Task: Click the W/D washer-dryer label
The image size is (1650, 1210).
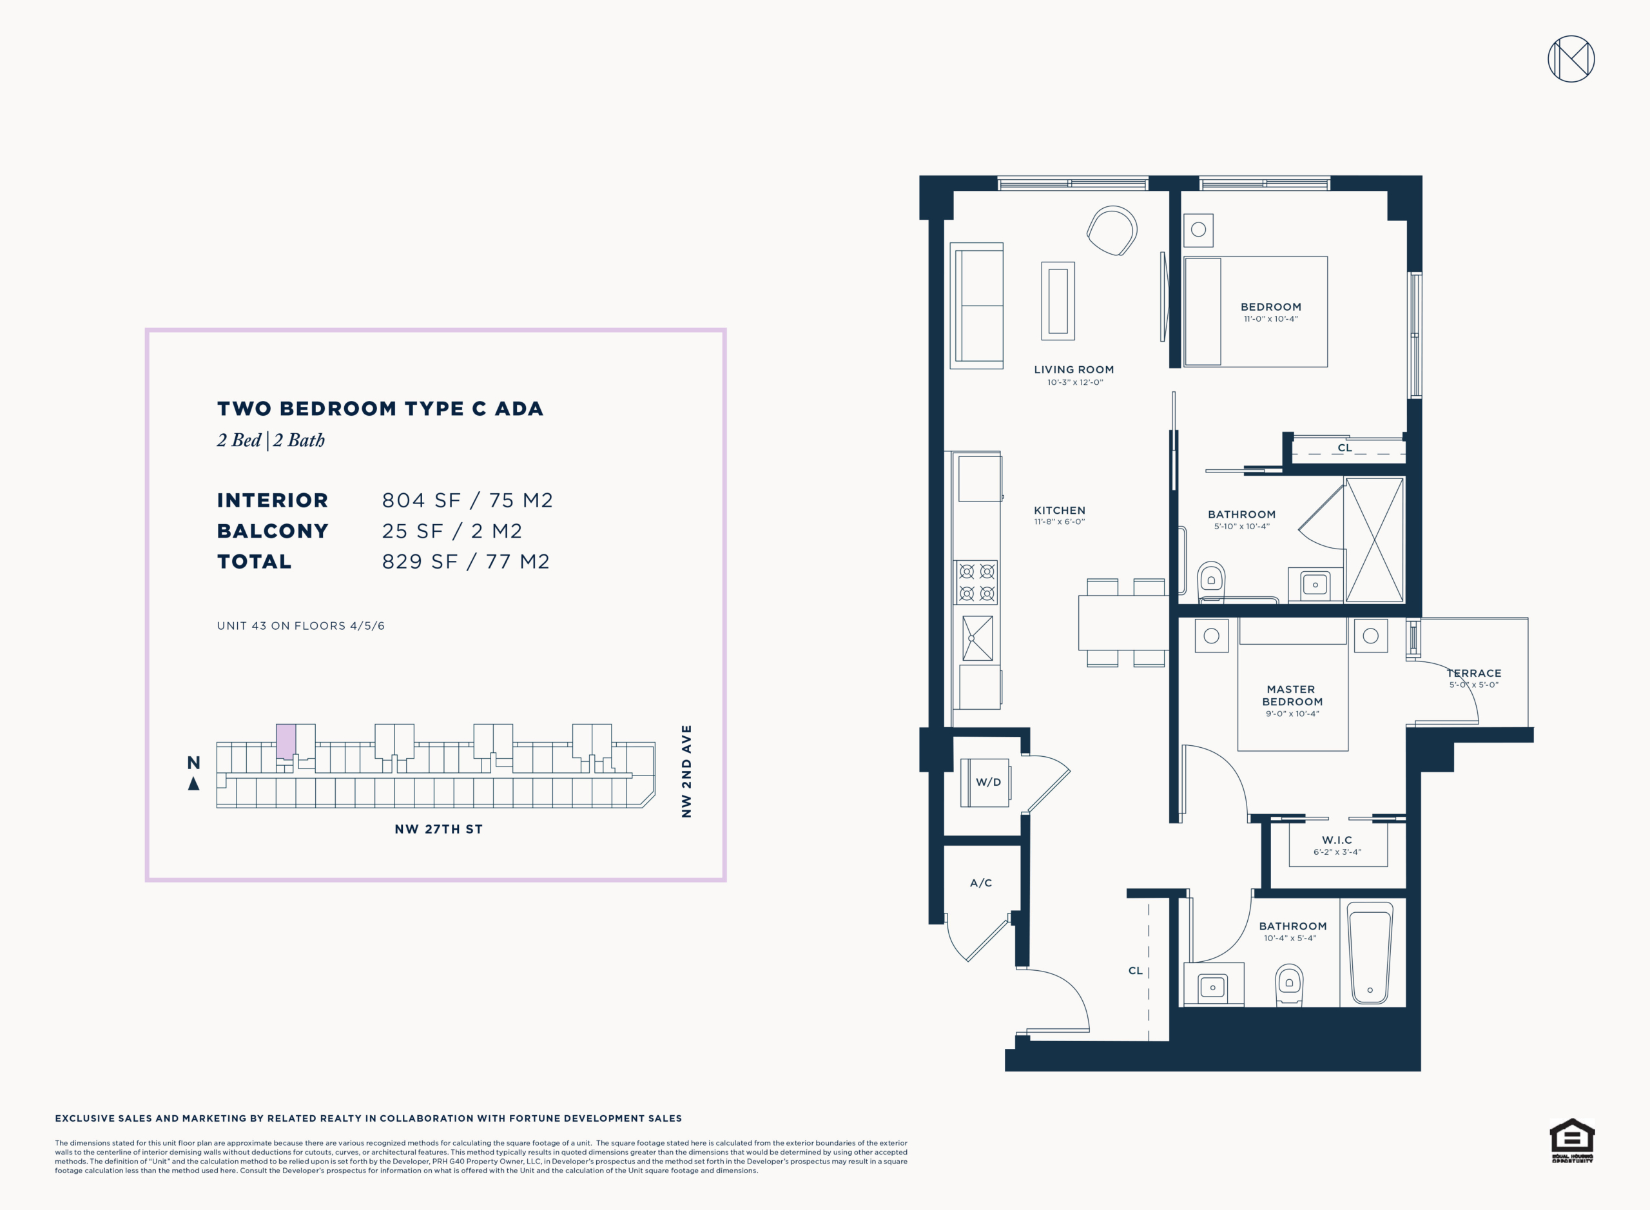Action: pos(988,782)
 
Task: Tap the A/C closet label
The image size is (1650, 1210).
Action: pos(980,883)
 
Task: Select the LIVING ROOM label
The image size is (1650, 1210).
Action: pos(1074,370)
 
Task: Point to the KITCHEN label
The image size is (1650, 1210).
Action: pos(1059,511)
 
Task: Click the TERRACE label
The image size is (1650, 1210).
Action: pos(1473,673)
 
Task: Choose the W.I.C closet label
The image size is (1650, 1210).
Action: pos(1337,840)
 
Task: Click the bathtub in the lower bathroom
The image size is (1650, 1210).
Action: pos(1370,952)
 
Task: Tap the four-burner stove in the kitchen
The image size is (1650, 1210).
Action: pos(976,582)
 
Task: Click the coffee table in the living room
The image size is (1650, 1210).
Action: pos(1058,301)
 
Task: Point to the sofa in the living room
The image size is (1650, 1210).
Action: pos(976,306)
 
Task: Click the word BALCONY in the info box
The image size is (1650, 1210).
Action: pos(273,531)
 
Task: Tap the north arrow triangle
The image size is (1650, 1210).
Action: pos(193,784)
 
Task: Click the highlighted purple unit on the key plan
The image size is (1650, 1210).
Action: pos(286,741)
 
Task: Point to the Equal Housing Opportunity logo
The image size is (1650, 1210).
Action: pos(1571,1140)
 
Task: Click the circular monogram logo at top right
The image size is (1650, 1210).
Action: pos(1571,59)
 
